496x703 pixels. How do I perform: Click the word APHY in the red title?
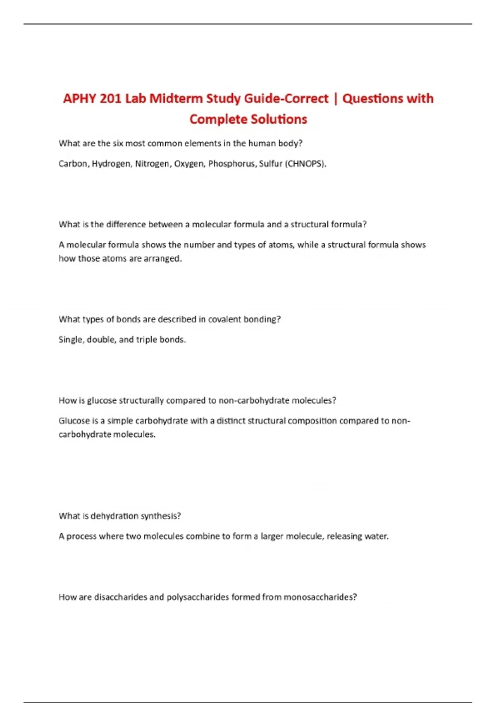pyautogui.click(x=79, y=98)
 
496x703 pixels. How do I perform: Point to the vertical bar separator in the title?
pyautogui.click(x=335, y=98)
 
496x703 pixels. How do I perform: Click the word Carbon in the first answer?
pyautogui.click(x=73, y=164)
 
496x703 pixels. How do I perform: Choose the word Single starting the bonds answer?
pyautogui.click(x=72, y=340)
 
